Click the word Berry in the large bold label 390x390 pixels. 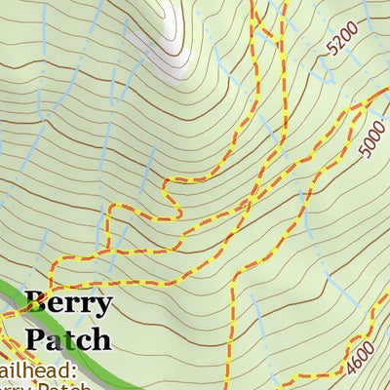point(68,303)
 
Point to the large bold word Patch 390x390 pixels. point(67,339)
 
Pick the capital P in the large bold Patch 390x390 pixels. point(35,339)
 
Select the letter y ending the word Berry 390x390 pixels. point(103,306)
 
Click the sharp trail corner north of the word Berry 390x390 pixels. point(52,261)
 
